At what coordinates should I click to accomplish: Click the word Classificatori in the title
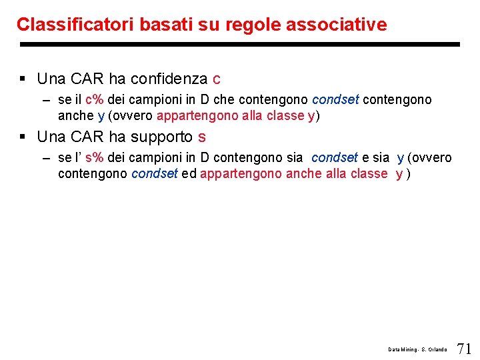click(75, 25)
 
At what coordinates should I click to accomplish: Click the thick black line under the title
click(240, 45)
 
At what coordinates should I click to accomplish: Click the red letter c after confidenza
click(217, 79)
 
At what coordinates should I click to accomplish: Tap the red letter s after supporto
click(202, 137)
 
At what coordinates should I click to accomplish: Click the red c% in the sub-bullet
click(95, 100)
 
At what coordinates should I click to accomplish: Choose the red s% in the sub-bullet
click(95, 158)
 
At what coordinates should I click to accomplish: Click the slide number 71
click(465, 348)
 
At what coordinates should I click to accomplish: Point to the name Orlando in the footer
click(437, 349)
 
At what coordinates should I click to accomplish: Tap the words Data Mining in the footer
click(400, 349)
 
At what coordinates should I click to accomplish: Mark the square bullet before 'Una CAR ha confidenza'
click(23, 79)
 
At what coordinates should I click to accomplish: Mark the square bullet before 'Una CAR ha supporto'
click(23, 137)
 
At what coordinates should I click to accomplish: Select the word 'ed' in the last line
click(189, 174)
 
